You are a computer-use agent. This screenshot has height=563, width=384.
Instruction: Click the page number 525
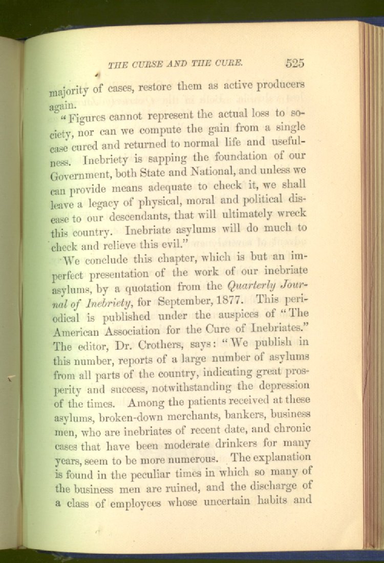click(295, 64)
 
